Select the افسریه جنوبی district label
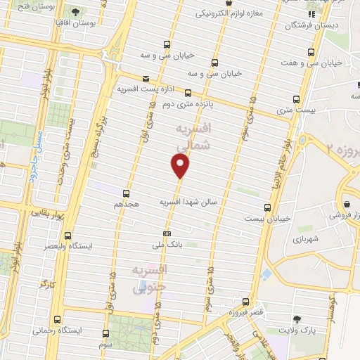pyautogui.click(x=148, y=278)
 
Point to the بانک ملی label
pyautogui.click(x=167, y=245)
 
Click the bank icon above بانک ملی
pyautogui.click(x=167, y=233)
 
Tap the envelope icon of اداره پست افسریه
pyautogui.click(x=146, y=78)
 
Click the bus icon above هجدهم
pyautogui.click(x=127, y=193)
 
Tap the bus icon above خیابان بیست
pyautogui.click(x=267, y=207)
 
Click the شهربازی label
pyautogui.click(x=306, y=239)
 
